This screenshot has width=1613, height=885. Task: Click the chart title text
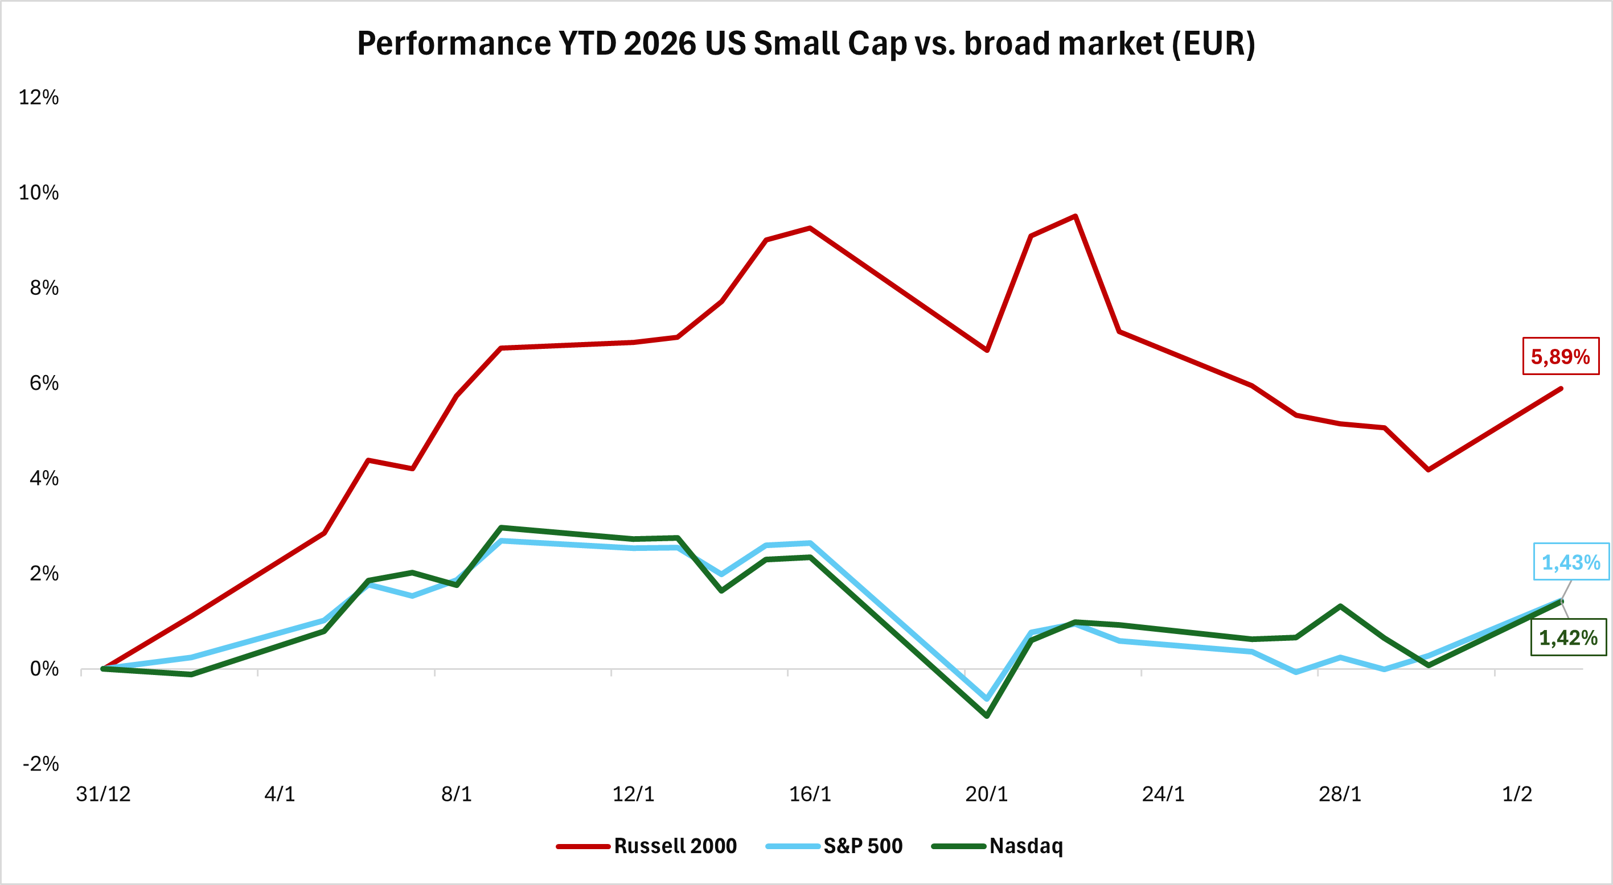[806, 44]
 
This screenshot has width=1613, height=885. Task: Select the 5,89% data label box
[1560, 357]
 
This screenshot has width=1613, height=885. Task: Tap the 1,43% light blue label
[1570, 562]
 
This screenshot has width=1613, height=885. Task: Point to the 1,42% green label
[1568, 638]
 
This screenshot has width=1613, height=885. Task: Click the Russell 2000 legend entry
[647, 846]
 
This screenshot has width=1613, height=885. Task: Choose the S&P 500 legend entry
[835, 846]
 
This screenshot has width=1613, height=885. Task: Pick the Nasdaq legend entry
[998, 846]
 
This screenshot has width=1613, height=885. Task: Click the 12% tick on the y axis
[39, 98]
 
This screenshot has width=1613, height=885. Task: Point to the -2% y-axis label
[40, 764]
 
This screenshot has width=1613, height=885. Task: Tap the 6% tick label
[44, 383]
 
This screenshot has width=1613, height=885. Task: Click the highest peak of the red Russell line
[1075, 217]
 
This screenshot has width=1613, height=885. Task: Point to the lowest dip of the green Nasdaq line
[987, 715]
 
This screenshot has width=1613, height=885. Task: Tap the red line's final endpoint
[1561, 389]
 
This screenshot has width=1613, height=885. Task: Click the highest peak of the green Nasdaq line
[501, 528]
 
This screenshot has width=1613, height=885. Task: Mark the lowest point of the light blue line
[987, 698]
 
